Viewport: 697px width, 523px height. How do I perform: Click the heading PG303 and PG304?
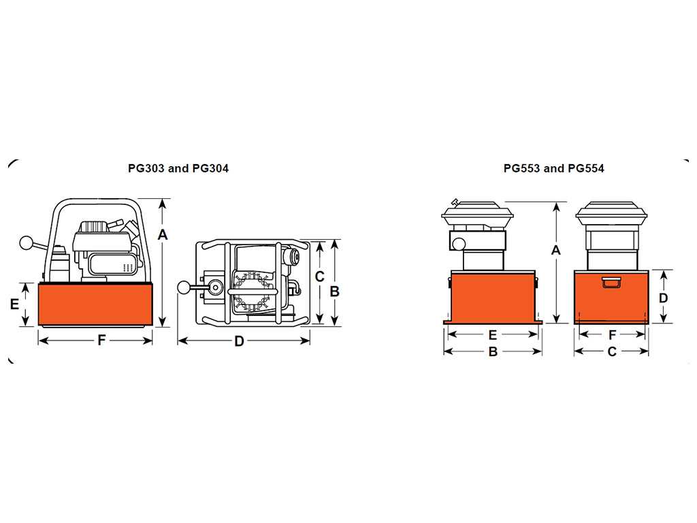click(178, 169)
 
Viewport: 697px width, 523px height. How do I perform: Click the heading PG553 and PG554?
click(554, 169)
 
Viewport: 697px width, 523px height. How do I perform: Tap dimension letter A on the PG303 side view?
click(163, 234)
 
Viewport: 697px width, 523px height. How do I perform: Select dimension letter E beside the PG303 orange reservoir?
click(15, 304)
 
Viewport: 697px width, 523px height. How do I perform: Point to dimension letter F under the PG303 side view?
click(102, 340)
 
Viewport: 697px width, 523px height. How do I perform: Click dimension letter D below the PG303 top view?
click(239, 342)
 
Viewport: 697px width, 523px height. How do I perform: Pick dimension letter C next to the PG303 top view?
click(320, 276)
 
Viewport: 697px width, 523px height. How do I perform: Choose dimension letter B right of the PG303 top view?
click(335, 291)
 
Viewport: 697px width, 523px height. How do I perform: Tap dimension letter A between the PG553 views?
click(555, 251)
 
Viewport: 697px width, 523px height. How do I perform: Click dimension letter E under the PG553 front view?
click(493, 335)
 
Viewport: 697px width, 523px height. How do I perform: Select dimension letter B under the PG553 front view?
click(493, 352)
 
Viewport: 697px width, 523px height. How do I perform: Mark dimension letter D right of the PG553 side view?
click(663, 298)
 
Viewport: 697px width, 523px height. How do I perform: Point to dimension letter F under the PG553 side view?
click(612, 335)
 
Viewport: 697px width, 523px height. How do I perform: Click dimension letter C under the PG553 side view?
click(612, 352)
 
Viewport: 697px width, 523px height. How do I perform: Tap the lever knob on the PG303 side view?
click(27, 243)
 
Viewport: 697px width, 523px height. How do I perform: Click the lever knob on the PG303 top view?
click(184, 288)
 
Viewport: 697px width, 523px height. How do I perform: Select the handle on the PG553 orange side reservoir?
click(611, 283)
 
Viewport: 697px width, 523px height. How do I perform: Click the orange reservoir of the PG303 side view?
click(95, 304)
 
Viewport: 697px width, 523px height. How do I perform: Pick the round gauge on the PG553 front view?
click(459, 244)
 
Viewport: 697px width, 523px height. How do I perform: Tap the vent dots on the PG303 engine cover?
click(128, 267)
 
